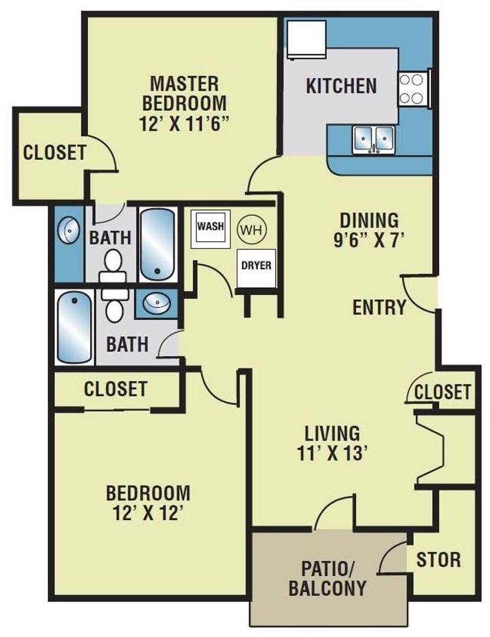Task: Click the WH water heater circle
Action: pos(252,228)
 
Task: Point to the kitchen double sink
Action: pos(374,140)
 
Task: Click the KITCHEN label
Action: pos(341,86)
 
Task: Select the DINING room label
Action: pos(369,220)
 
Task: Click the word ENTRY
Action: pos(379,307)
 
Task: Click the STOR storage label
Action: pos(439,559)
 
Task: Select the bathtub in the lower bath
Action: pos(75,330)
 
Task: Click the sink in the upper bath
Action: pos(69,231)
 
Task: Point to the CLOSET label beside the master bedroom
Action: pos(54,152)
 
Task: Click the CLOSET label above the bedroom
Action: pos(115,389)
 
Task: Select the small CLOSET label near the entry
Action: pos(442,392)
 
